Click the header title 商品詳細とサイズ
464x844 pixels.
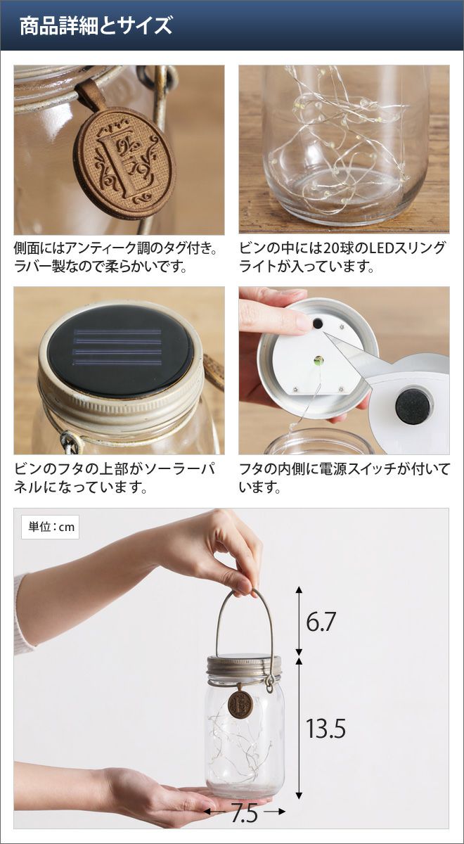(96, 27)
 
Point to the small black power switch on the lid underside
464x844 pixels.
(318, 324)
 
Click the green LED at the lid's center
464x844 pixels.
(318, 361)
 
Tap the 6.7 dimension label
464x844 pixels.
(321, 622)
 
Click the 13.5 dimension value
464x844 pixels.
(326, 728)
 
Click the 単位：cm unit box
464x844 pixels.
(50, 527)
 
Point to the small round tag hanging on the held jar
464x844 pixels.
(240, 702)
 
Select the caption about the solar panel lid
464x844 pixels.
(115, 478)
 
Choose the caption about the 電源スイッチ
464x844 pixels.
(344, 478)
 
